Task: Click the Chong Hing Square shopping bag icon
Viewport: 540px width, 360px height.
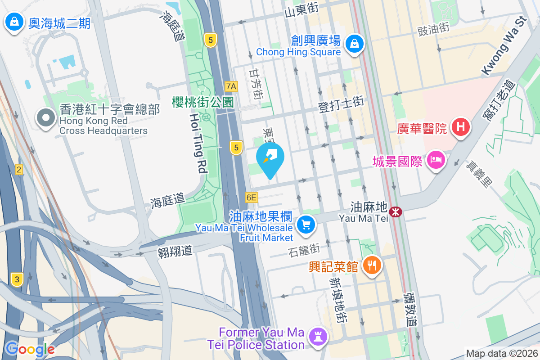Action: pyautogui.click(x=355, y=44)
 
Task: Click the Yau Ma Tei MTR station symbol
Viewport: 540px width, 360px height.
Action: pyautogui.click(x=396, y=211)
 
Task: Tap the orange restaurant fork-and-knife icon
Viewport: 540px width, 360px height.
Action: pyautogui.click(x=372, y=265)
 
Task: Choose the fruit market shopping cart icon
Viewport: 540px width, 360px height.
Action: pyautogui.click(x=306, y=224)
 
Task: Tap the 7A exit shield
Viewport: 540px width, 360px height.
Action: pyautogui.click(x=231, y=86)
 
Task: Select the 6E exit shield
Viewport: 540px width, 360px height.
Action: pyautogui.click(x=252, y=197)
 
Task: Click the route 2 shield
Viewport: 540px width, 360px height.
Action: pyautogui.click(x=18, y=170)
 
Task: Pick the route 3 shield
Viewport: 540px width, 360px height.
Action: pyautogui.click(x=17, y=279)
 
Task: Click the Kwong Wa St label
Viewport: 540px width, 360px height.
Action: pyautogui.click(x=504, y=45)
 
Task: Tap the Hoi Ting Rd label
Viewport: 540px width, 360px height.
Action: pyautogui.click(x=197, y=143)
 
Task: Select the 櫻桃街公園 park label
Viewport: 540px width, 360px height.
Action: pyautogui.click(x=202, y=102)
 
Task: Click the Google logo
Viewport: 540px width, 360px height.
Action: pyautogui.click(x=30, y=349)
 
